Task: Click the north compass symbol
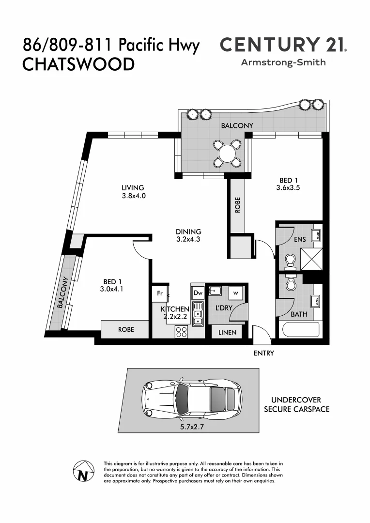click(83, 471)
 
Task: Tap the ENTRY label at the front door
click(264, 353)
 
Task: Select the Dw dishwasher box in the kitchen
click(198, 292)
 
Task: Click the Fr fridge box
click(159, 293)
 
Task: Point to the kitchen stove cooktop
click(182, 332)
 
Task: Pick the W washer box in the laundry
click(236, 292)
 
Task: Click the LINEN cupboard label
click(228, 332)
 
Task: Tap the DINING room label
click(188, 231)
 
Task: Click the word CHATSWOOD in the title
click(78, 64)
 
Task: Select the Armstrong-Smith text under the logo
click(283, 62)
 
